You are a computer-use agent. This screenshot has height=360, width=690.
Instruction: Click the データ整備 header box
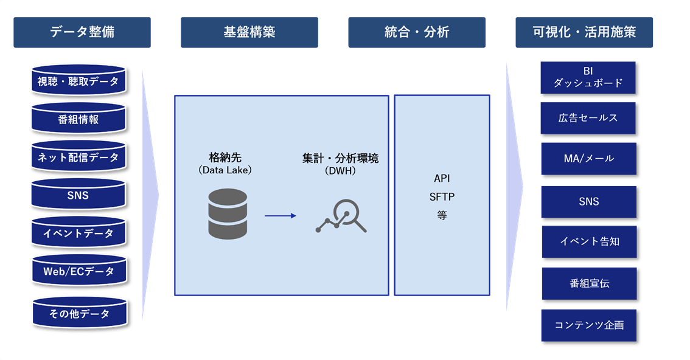tap(82, 32)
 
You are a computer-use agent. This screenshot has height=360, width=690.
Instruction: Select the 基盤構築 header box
tap(249, 32)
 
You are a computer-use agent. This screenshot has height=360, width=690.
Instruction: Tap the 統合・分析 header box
tap(417, 32)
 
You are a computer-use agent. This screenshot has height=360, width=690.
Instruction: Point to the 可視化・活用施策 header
tap(584, 32)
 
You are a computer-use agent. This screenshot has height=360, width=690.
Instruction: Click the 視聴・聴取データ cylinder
tap(78, 81)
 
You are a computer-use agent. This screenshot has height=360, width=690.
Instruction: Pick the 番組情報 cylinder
tap(78, 119)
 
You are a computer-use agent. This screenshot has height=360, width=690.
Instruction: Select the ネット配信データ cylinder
tap(78, 157)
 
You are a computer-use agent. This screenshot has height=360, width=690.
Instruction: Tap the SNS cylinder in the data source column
tap(78, 195)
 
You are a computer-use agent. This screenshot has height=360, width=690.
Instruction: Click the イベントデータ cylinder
tap(78, 234)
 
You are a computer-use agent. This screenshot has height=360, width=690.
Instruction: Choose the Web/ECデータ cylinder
tap(78, 272)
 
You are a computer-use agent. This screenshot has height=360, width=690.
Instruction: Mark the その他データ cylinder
tap(78, 314)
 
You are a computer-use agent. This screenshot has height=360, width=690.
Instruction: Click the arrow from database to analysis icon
tap(281, 215)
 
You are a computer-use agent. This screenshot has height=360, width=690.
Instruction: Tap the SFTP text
tap(442, 196)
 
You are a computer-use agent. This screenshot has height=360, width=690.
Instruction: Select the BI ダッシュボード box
tap(588, 77)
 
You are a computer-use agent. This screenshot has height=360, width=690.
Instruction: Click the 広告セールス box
tap(588, 118)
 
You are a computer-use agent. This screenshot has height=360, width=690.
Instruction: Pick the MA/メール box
tap(588, 159)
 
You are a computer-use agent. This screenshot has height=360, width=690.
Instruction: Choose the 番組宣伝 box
tap(588, 283)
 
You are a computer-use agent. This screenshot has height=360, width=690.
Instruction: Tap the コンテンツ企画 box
tap(588, 325)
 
